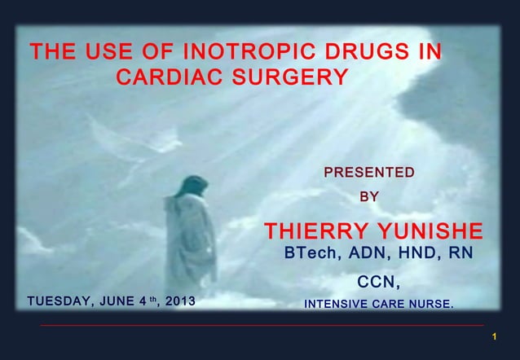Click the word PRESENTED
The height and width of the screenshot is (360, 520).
coord(369,173)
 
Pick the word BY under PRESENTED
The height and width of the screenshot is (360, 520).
coord(369,196)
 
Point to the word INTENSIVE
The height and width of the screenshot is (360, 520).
coord(335,306)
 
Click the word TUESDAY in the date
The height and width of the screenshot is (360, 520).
coord(59,305)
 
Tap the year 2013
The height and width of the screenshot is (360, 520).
coord(177,305)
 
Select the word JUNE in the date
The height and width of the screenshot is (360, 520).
coord(120,305)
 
